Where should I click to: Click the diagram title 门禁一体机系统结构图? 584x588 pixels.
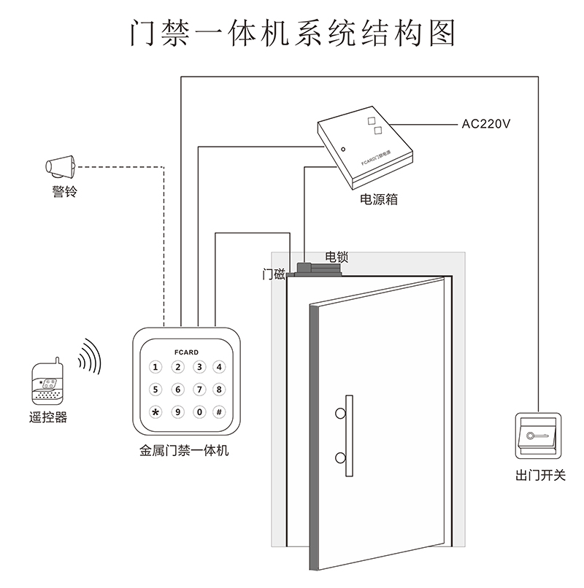click(x=292, y=34)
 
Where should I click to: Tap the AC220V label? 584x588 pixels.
click(x=486, y=123)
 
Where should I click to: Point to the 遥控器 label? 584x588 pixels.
click(x=48, y=418)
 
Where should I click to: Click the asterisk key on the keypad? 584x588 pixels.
click(x=155, y=411)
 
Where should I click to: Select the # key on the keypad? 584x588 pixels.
click(x=218, y=411)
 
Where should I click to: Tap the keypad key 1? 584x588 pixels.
click(x=155, y=367)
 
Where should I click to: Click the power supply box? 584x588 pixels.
click(x=365, y=146)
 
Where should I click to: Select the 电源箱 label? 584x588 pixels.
click(x=379, y=198)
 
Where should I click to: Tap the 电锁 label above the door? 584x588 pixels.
click(x=337, y=257)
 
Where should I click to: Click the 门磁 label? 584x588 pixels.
click(x=274, y=274)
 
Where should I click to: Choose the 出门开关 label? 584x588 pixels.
click(x=540, y=476)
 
